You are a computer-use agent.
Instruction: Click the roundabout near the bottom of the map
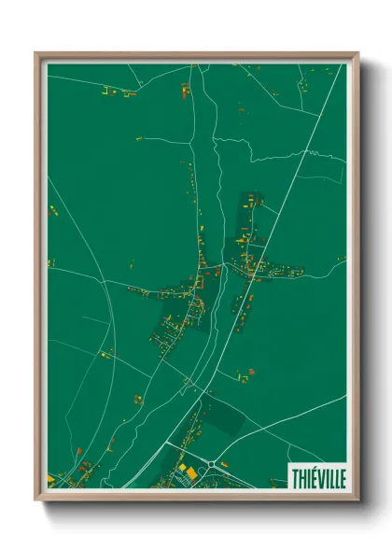point(214,464)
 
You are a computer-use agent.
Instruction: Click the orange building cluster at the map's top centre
point(185,91)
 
